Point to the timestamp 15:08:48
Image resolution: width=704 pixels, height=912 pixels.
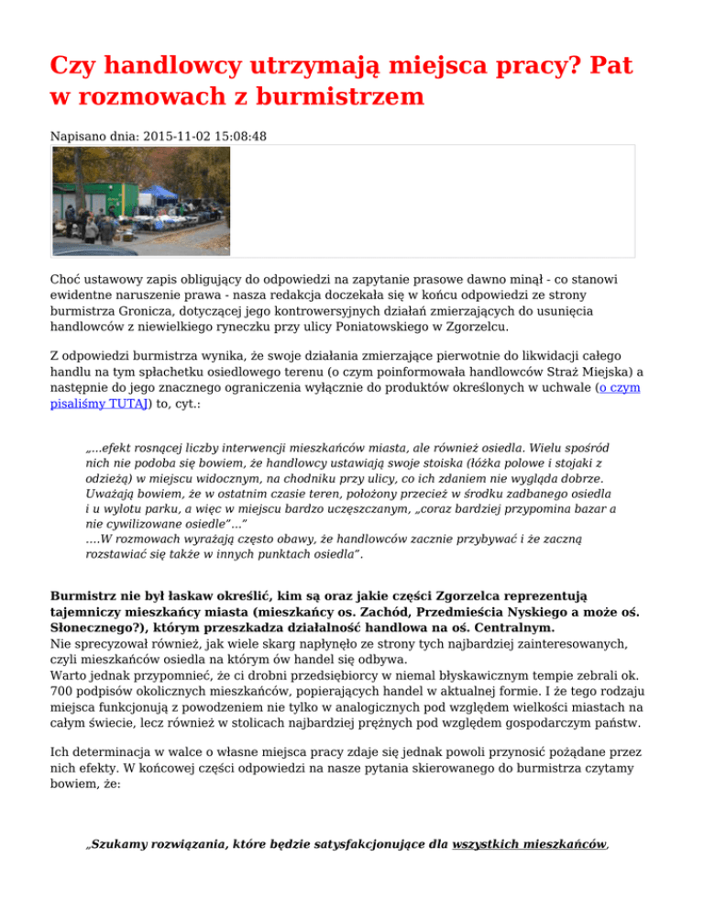point(238,135)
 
